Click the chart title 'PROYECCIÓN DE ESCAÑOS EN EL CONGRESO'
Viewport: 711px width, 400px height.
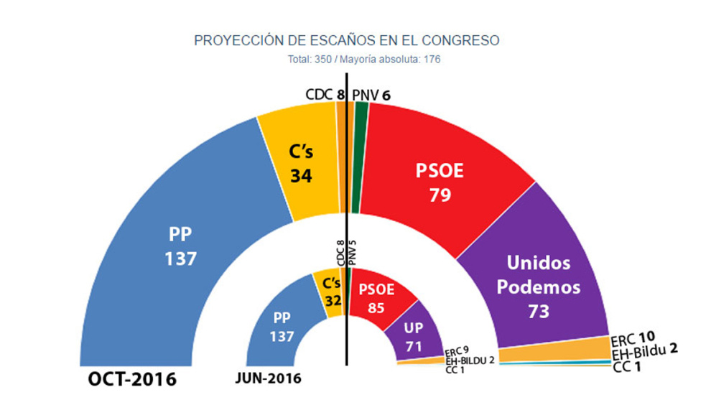pyautogui.click(x=346, y=40)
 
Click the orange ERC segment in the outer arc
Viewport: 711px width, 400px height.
pyautogui.click(x=553, y=352)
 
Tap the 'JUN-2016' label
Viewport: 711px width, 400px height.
pyautogui.click(x=269, y=378)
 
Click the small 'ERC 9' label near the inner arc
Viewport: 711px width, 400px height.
pyautogui.click(x=457, y=351)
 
